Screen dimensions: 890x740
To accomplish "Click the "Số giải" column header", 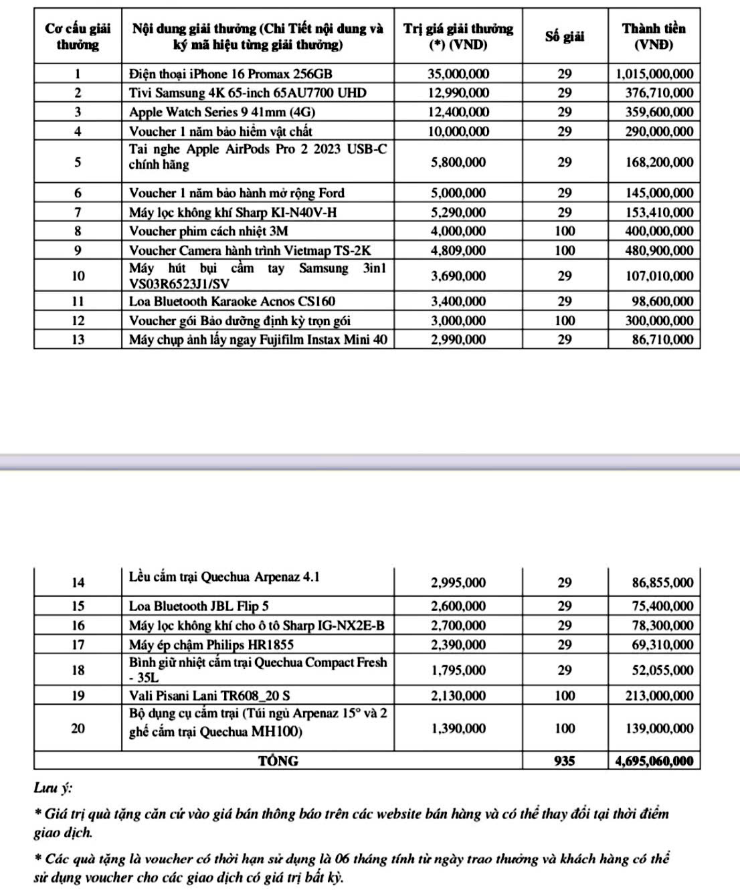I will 565,37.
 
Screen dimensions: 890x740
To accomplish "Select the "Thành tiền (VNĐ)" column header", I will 654,37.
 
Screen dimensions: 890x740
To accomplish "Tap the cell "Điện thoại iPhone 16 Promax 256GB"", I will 230,74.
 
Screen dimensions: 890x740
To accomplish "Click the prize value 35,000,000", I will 458,74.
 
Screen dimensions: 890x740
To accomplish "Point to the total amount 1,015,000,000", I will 654,74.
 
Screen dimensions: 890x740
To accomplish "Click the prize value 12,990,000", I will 458,92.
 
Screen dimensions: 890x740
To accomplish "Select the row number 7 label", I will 78,212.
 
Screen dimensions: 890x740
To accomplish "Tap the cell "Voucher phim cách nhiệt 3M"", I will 208,231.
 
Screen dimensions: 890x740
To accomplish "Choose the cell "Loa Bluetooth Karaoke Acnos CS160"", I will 232,301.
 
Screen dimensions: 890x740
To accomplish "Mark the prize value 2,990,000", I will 458,339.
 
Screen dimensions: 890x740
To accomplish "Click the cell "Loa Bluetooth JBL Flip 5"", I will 199,606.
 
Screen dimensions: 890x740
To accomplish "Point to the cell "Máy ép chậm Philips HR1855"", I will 211,644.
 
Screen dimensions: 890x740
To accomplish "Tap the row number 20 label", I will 78,728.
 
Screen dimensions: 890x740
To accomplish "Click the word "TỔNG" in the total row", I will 278,761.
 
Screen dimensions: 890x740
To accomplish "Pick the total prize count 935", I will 565,761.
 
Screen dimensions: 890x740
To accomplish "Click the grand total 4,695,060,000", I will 654,761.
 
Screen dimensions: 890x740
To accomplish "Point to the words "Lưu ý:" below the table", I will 54,788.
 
